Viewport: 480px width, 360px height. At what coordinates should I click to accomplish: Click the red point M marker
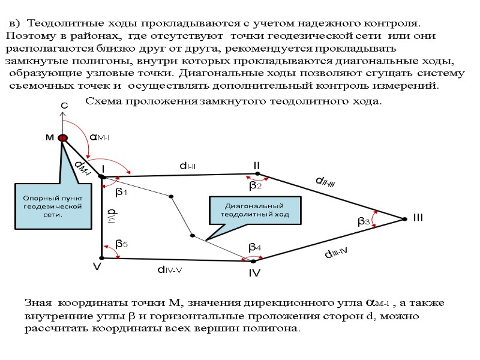[62, 137]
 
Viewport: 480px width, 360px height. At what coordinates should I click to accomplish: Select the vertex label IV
[254, 274]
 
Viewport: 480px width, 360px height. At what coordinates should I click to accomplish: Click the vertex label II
[256, 165]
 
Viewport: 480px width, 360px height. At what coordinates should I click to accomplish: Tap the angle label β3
[363, 221]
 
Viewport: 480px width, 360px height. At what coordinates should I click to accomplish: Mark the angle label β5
[121, 244]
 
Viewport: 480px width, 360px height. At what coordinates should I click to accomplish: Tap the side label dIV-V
[169, 270]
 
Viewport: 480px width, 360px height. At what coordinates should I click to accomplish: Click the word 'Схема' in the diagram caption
[104, 101]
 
